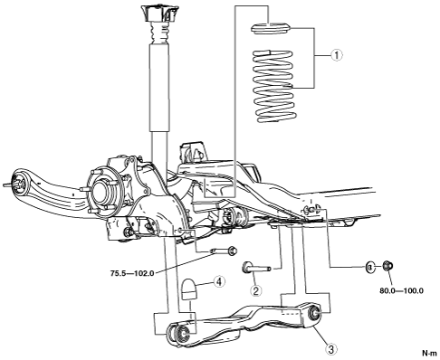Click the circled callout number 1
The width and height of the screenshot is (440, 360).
click(x=337, y=55)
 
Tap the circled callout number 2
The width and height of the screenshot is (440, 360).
click(x=256, y=290)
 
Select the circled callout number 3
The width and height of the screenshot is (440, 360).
click(x=331, y=349)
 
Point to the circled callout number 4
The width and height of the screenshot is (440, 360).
click(x=219, y=281)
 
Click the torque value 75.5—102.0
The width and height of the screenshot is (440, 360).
click(x=132, y=273)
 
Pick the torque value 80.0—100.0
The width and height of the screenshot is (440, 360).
click(x=401, y=291)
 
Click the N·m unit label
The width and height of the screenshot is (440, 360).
click(x=429, y=353)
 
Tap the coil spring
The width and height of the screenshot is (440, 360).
click(x=273, y=86)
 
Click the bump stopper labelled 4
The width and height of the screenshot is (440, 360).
click(x=188, y=289)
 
